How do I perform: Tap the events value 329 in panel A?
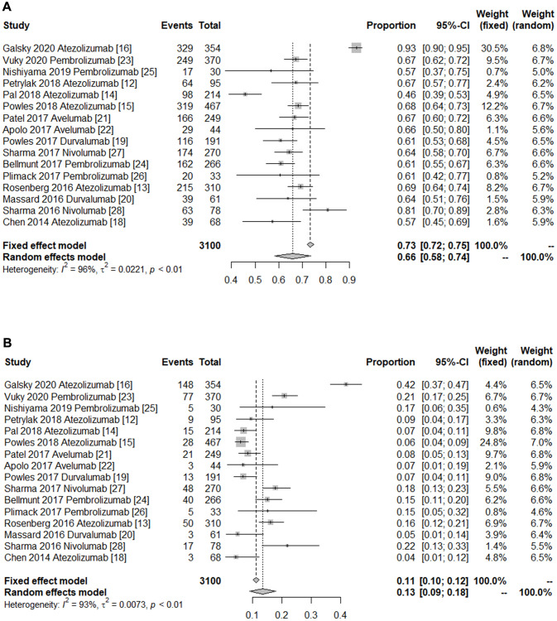[x=184, y=49]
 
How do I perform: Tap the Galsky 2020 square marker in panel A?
[x=356, y=49]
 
